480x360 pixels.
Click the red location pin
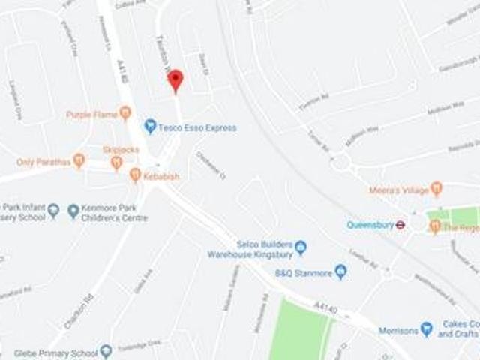pyautogui.click(x=175, y=79)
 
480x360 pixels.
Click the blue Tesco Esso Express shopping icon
pyautogui.click(x=150, y=127)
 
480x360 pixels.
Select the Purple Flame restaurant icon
pyautogui.click(x=125, y=113)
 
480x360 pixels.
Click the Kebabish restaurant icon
pyautogui.click(x=135, y=175)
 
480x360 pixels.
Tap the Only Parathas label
pyautogui.click(x=43, y=161)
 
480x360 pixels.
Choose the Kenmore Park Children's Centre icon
pyautogui.click(x=73, y=211)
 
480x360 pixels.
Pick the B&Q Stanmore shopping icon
pyautogui.click(x=340, y=271)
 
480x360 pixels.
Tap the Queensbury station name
pyautogui.click(x=370, y=224)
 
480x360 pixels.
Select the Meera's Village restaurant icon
pyautogui.click(x=436, y=189)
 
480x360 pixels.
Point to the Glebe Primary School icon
pyautogui.click(x=106, y=350)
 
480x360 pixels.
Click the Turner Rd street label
pyautogui.click(x=319, y=143)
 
